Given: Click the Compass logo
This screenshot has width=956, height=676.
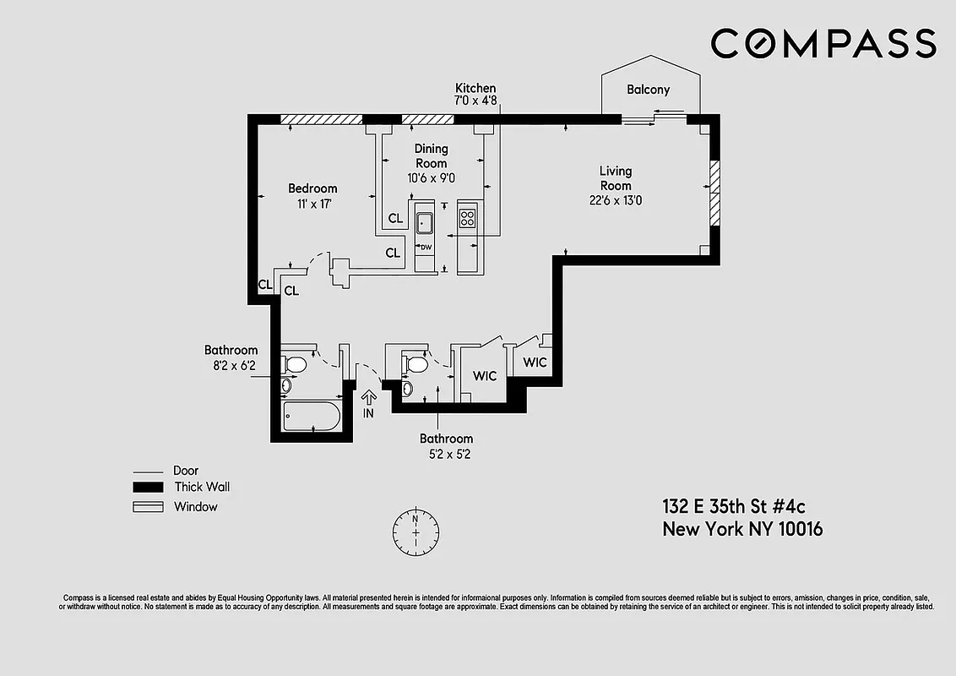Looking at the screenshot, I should pos(823,43).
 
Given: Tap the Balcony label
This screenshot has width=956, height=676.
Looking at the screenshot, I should pos(649,90).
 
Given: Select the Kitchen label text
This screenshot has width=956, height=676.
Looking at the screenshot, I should pos(475,88).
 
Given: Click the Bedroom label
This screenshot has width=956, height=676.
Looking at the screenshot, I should pos(312,188).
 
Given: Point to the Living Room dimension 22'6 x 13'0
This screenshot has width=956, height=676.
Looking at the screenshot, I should pos(616,200).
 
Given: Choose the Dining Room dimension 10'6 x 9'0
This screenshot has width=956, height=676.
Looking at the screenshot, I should pos(431,177).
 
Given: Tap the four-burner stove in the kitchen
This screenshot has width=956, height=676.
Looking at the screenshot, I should pos(467,219).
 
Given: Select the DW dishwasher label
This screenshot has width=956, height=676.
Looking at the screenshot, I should pos(426,247).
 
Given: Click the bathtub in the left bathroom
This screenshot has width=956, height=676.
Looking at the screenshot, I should pos(310,416).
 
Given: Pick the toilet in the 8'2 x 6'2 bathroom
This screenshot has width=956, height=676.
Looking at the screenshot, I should pos(295,364).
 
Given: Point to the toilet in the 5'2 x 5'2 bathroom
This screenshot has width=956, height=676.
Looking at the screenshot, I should pos(415,364).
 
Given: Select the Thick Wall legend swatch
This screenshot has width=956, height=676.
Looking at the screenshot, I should pos(147,488).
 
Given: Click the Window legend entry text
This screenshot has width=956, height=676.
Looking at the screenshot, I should pos(195,507).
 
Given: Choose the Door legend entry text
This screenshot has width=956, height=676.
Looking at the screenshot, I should pos(186,471).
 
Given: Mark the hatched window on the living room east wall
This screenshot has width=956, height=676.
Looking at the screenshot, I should pos(714,193).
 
